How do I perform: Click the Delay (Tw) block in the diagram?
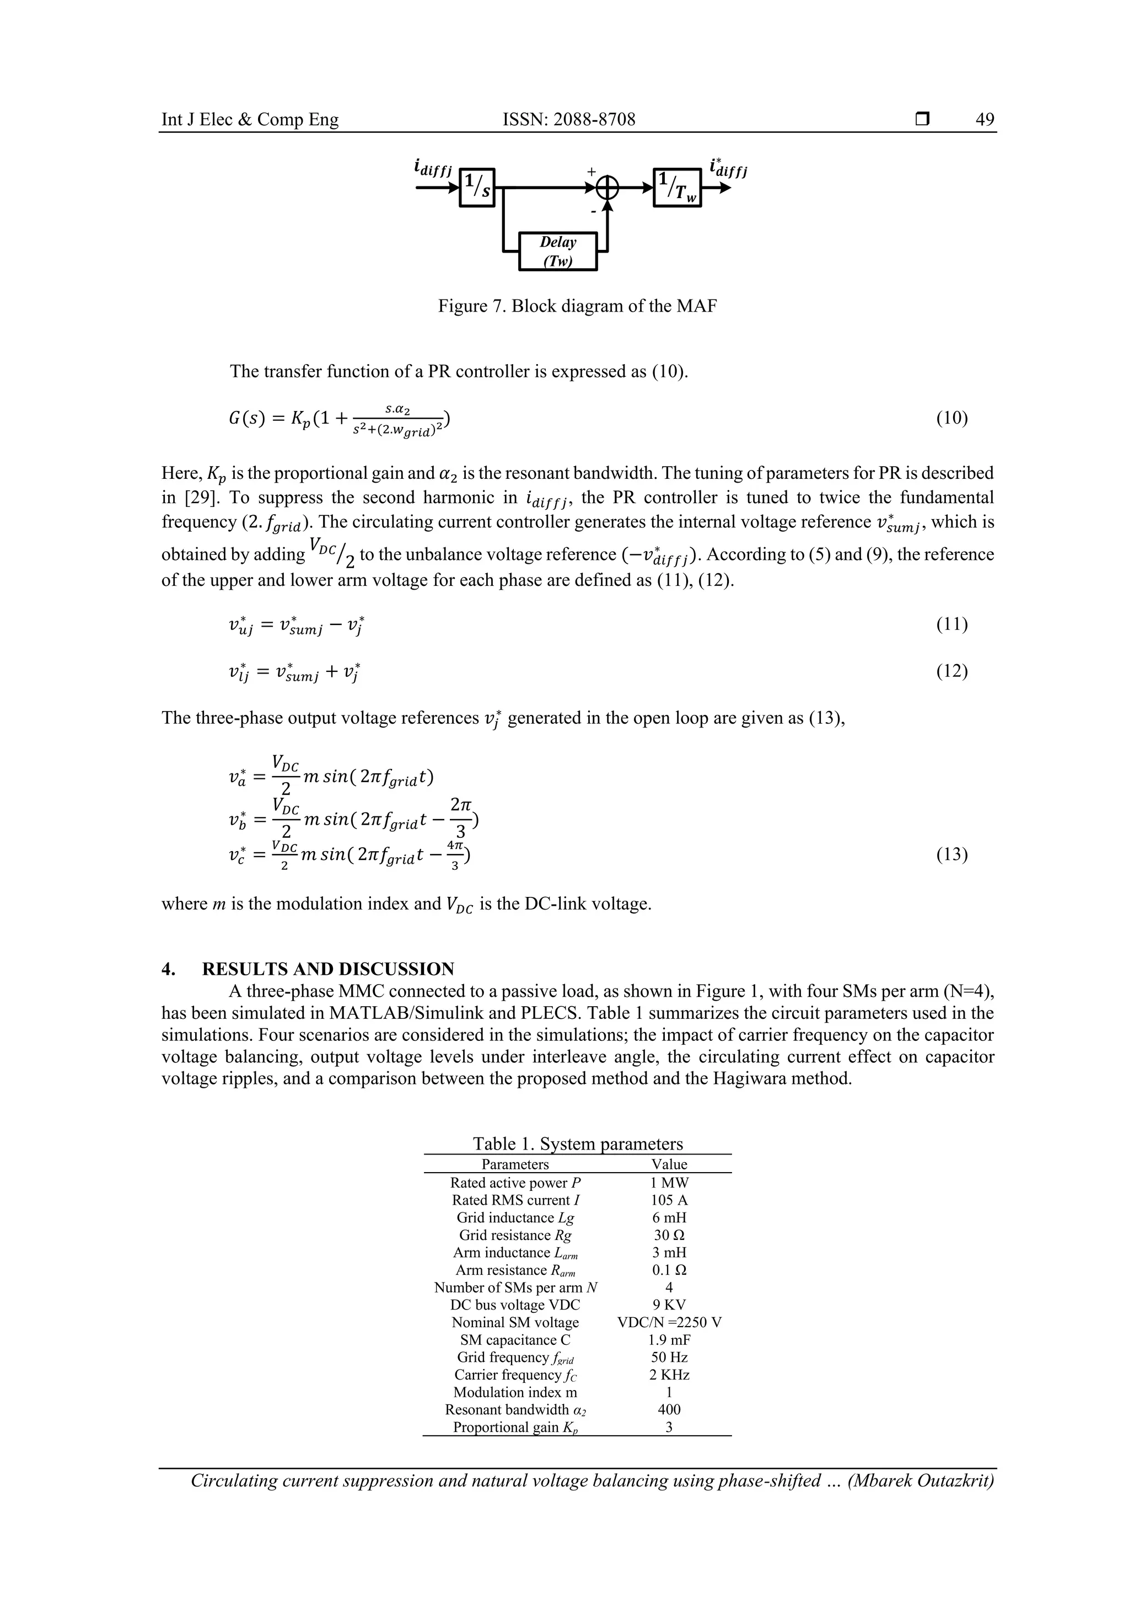[x=558, y=251]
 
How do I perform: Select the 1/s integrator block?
[x=476, y=187]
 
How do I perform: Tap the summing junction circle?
[x=608, y=187]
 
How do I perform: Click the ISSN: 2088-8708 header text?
[x=569, y=120]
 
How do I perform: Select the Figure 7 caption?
[x=577, y=306]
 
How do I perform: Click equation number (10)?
[x=951, y=418]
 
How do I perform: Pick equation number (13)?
[x=951, y=854]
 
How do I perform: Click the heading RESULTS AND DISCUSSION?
[x=327, y=969]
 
